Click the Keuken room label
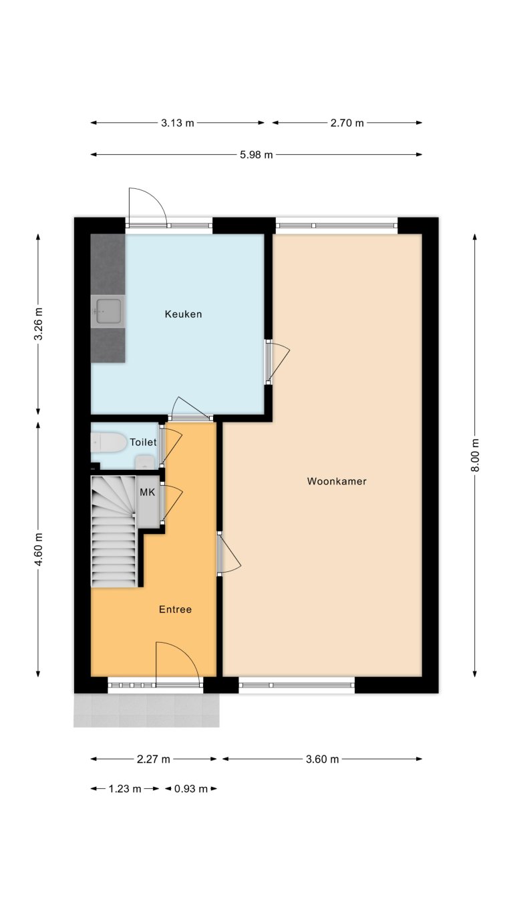click(x=183, y=314)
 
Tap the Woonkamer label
click(x=337, y=481)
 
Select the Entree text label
click(x=175, y=609)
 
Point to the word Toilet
click(x=143, y=442)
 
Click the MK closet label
click(x=147, y=492)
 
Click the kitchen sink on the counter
click(x=108, y=311)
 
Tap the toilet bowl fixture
click(x=109, y=442)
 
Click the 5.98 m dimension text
click(x=256, y=155)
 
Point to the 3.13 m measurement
click(x=178, y=123)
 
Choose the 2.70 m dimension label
click(x=347, y=123)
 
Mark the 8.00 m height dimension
click(x=475, y=455)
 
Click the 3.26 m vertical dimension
click(x=38, y=324)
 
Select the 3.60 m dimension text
click(x=323, y=759)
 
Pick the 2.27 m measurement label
click(x=154, y=759)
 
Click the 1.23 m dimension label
click(x=125, y=789)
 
